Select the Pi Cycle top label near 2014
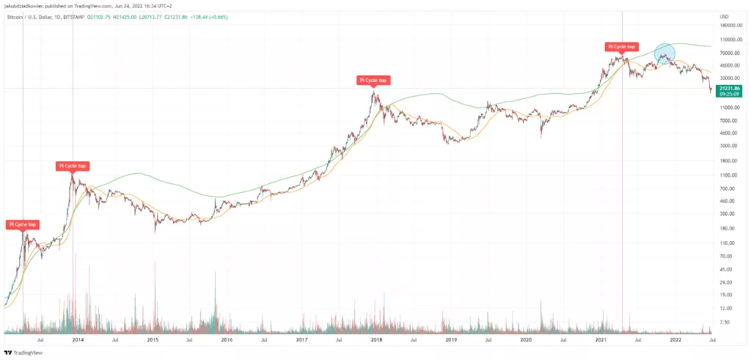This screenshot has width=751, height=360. coord(73,166)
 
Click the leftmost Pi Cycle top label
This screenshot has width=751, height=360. coord(22,224)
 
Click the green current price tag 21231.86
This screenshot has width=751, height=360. coord(730,89)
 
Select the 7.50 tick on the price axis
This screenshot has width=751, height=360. coord(725,322)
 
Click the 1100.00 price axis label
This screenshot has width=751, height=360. coord(728,175)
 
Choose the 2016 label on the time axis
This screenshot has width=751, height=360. coord(227,339)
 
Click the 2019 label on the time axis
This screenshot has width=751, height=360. coord(451,339)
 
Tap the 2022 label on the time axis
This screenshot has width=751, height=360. coord(675,339)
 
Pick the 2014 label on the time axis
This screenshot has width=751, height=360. coord(77,339)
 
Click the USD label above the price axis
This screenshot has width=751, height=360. coord(724,16)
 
